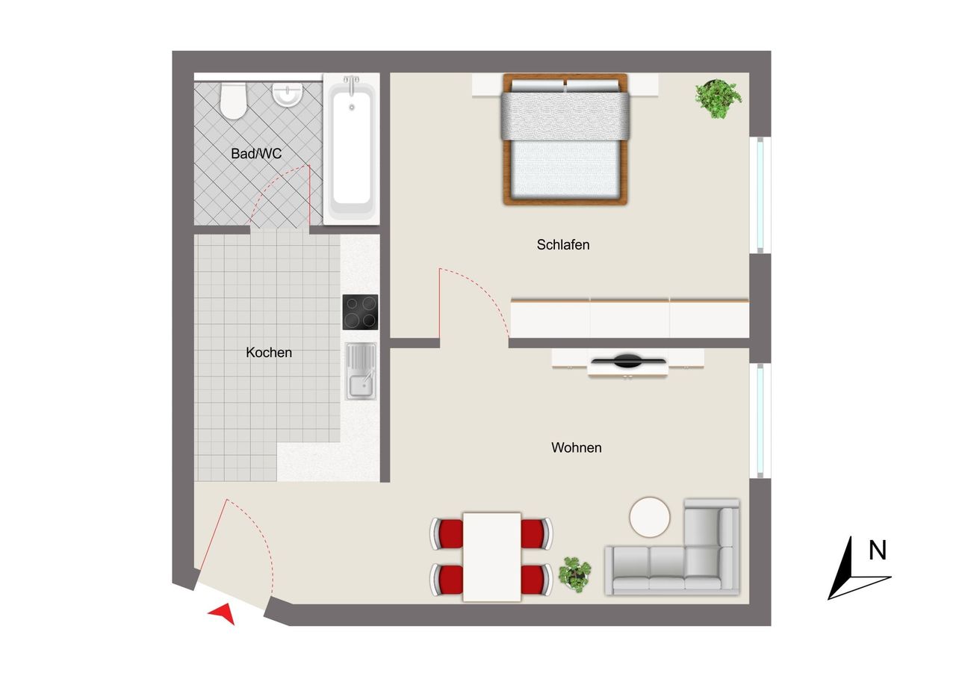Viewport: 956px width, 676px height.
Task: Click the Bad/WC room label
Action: [256, 153]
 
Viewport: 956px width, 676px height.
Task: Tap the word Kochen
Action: [269, 353]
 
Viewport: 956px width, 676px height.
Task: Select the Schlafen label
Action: [563, 244]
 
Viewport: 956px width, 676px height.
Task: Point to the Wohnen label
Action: [576, 447]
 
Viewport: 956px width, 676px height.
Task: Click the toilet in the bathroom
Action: [233, 101]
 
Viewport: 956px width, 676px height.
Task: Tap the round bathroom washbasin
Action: [288, 94]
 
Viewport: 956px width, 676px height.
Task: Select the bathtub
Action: [351, 149]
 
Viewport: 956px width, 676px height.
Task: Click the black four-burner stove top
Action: [360, 312]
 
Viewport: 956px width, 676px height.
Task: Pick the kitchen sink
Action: [361, 371]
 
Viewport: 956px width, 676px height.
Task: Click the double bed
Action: [565, 139]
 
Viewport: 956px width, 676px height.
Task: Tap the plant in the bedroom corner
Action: [718, 99]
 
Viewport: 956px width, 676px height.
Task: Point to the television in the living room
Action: [628, 361]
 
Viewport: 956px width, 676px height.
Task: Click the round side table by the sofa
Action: [650, 517]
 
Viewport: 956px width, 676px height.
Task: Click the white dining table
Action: [492, 557]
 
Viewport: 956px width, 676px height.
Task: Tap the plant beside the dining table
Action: [575, 574]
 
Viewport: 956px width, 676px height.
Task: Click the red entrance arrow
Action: [223, 613]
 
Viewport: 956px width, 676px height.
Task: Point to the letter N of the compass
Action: [878, 550]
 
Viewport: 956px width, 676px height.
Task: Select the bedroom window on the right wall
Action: [760, 195]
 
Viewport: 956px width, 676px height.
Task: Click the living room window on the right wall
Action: [760, 421]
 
